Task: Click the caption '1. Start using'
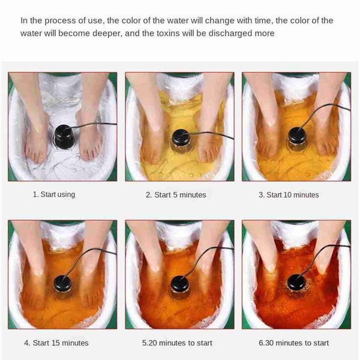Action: pos(54,194)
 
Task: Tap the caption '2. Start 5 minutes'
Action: pos(176,195)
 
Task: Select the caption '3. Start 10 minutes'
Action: pos(289,195)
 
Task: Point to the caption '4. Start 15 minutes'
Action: pos(56,343)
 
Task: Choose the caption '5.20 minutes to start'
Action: pos(177,343)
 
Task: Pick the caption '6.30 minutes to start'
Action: pos(293,343)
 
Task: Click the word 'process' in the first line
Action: pos(60,21)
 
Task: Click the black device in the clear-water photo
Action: pos(65,136)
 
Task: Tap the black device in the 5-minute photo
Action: pos(181,140)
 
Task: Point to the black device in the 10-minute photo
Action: pos(298,139)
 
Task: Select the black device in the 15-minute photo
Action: pos(62,286)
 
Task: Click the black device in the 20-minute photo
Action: pos(180,286)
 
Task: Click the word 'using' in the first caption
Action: pos(66,195)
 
